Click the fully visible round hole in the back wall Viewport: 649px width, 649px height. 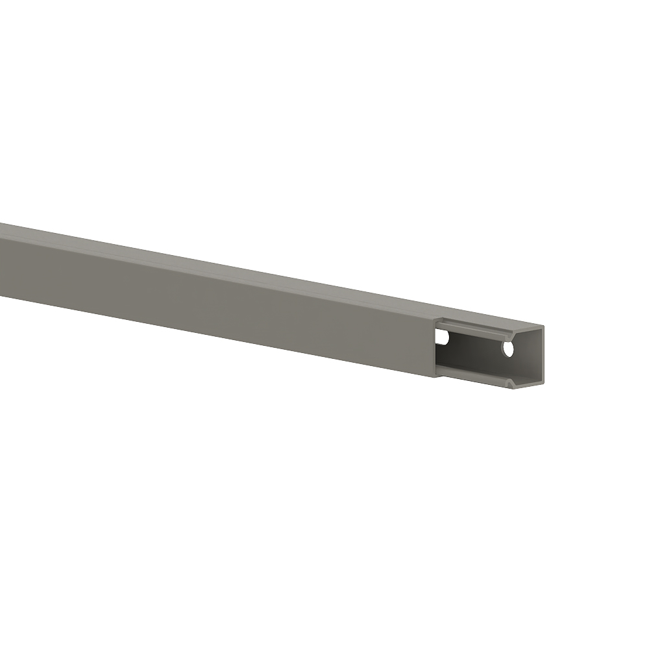[508, 349]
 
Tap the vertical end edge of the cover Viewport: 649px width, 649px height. [435, 347]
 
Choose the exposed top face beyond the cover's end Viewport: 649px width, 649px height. [493, 321]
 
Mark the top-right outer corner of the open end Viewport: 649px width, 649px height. [543, 326]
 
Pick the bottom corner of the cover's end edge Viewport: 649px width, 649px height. [435, 375]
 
